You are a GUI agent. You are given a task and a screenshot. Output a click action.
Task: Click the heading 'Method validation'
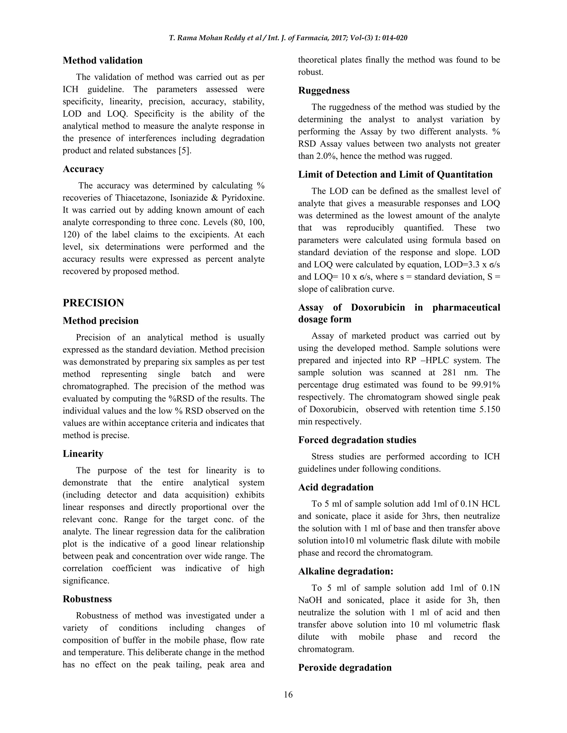pyautogui.click(x=102, y=60)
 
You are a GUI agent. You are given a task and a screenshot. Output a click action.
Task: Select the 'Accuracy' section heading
pyautogui.click(x=83, y=169)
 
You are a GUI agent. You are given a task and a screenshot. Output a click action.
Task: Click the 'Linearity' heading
pyautogui.click(x=83, y=454)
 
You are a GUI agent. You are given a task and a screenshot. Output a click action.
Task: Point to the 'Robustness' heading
pyautogui.click(x=87, y=599)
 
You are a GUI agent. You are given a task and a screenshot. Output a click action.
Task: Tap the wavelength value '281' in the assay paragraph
pyautogui.click(x=449, y=373)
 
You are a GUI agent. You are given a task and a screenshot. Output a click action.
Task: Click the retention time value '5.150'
pyautogui.click(x=489, y=409)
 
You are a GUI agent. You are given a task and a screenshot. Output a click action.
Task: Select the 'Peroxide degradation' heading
pyautogui.click(x=345, y=667)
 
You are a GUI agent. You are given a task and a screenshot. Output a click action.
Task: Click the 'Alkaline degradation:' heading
pyautogui.click(x=346, y=571)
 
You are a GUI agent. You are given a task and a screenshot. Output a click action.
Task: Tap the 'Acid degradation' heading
pyautogui.click(x=336, y=487)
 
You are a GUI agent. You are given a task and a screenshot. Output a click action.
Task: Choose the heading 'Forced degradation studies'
pyautogui.click(x=357, y=440)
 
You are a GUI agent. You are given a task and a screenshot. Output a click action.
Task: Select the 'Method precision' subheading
pyautogui.click(x=100, y=321)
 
